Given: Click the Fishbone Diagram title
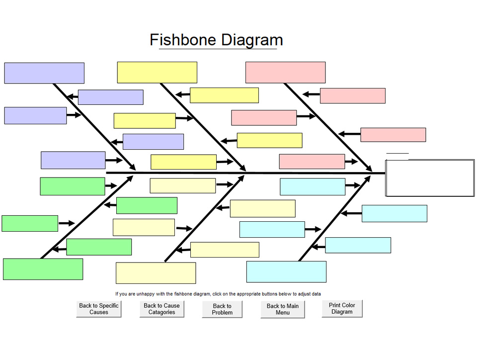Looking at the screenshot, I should pyautogui.click(x=217, y=40).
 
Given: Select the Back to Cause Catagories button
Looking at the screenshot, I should pyautogui.click(x=162, y=309).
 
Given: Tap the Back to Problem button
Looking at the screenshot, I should pyautogui.click(x=222, y=309).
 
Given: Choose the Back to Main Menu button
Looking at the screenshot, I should pyautogui.click(x=282, y=309).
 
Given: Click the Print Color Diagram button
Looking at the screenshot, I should pyautogui.click(x=342, y=308).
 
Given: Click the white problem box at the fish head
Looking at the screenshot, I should pyautogui.click(x=430, y=178).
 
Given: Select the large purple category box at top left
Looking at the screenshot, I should pyautogui.click(x=44, y=73).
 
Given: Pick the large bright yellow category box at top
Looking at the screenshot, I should pyautogui.click(x=157, y=73).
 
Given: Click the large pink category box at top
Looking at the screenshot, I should pyautogui.click(x=285, y=73).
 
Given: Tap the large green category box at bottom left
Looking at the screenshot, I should pyautogui.click(x=43, y=269).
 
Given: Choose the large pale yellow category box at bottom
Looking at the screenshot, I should pyautogui.click(x=156, y=273).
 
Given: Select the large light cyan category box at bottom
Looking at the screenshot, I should pyautogui.click(x=286, y=271).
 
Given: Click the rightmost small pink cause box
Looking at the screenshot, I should pyautogui.click(x=393, y=135).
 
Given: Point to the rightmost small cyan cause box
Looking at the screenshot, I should pyautogui.click(x=394, y=213).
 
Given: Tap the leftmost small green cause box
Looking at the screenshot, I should pyautogui.click(x=30, y=223).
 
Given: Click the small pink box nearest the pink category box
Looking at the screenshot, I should pyautogui.click(x=352, y=95).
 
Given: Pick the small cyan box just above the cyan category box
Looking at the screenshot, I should pyautogui.click(x=358, y=245).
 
